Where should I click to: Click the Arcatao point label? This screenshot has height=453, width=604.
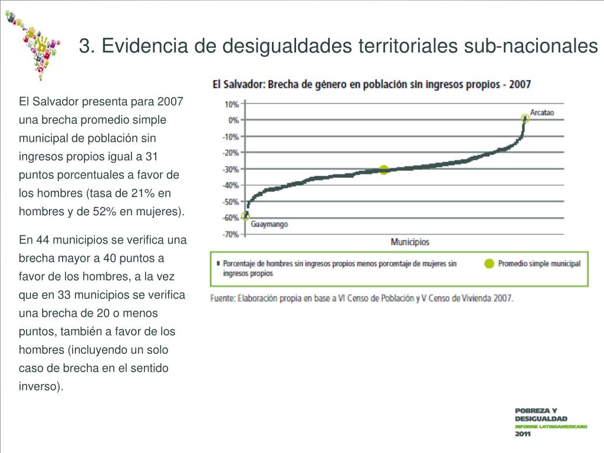tap(542, 111)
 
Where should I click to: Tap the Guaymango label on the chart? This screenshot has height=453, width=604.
tap(270, 225)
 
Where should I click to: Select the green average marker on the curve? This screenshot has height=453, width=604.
tap(384, 170)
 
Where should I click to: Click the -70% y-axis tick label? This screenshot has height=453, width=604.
tap(230, 234)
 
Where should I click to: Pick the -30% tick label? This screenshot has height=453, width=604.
tap(230, 169)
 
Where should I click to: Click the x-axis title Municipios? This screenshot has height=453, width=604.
tap(410, 242)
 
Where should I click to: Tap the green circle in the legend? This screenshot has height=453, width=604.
tap(489, 264)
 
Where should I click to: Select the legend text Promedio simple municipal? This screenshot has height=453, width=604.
tap(539, 264)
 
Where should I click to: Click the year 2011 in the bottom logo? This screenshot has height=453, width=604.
tap(523, 434)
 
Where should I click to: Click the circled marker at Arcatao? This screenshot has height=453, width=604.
tap(525, 119)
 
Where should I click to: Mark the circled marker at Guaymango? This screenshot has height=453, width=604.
tap(245, 216)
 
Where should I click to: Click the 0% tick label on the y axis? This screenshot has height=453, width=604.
tap(233, 120)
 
